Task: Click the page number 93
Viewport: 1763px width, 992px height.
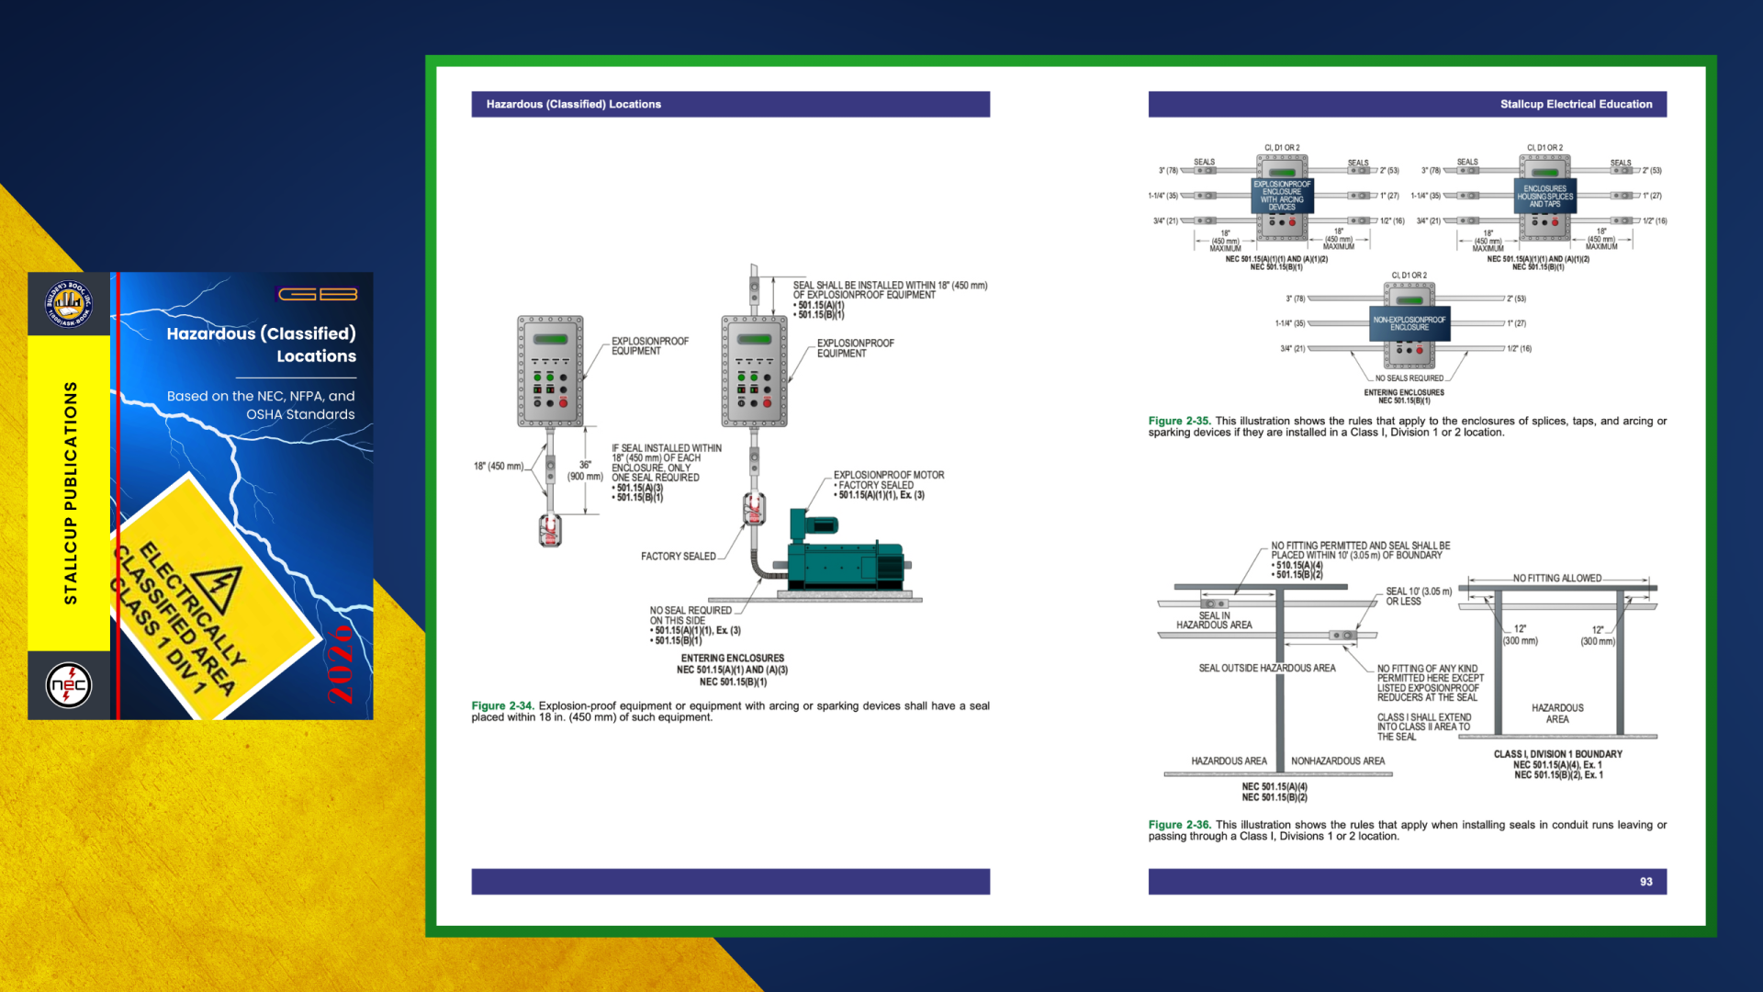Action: pyautogui.click(x=1645, y=882)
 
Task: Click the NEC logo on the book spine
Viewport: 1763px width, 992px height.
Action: pyautogui.click(x=69, y=685)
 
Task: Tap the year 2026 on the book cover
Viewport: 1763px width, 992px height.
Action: pyautogui.click(x=341, y=663)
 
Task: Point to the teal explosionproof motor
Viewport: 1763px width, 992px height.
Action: pyautogui.click(x=845, y=556)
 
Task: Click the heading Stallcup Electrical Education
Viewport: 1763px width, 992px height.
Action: pyautogui.click(x=1576, y=104)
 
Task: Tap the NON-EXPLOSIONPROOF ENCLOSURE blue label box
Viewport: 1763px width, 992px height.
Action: pyautogui.click(x=1409, y=323)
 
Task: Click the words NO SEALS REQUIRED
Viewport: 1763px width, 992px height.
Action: pyautogui.click(x=1409, y=378)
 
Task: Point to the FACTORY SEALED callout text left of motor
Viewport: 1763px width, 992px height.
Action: pyautogui.click(x=678, y=557)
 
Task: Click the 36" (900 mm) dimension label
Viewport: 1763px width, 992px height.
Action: pyautogui.click(x=585, y=471)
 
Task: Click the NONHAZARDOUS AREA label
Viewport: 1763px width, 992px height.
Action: pyautogui.click(x=1338, y=761)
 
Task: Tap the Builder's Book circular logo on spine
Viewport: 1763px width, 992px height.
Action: pyautogui.click(x=69, y=304)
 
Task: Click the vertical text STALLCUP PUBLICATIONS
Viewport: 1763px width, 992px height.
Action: pyautogui.click(x=71, y=493)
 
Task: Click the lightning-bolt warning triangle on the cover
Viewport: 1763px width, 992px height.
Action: pyautogui.click(x=219, y=588)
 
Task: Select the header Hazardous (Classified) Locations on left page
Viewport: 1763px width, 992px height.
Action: pyautogui.click(x=574, y=104)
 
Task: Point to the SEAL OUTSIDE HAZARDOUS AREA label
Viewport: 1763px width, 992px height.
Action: pyautogui.click(x=1266, y=669)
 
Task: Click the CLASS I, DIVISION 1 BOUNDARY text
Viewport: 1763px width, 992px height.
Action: pyautogui.click(x=1557, y=754)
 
